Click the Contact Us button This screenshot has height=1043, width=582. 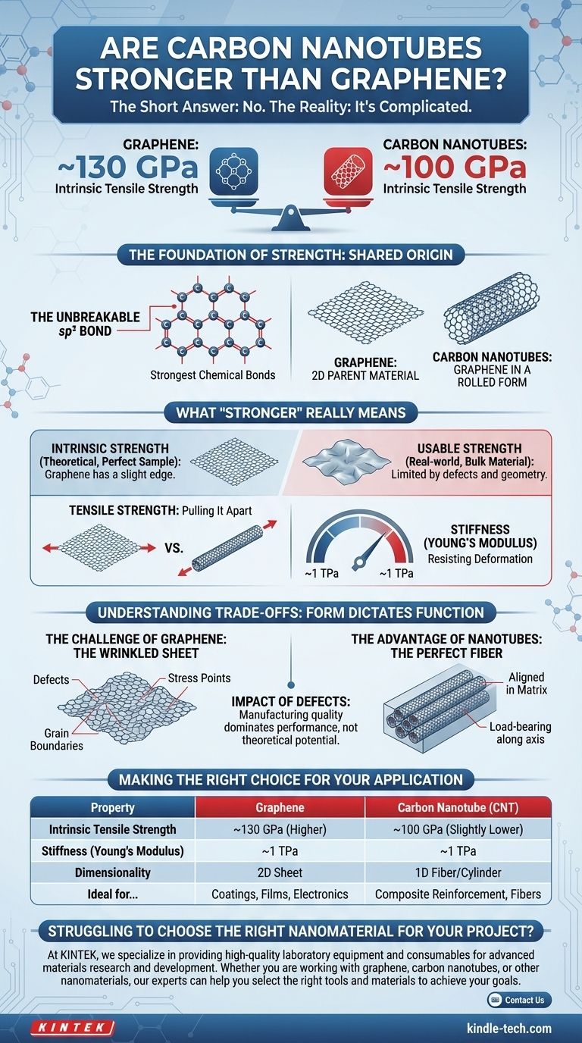pyautogui.click(x=519, y=1000)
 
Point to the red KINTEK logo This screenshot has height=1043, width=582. pyautogui.click(x=73, y=1028)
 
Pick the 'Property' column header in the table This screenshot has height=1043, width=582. pyautogui.click(x=112, y=807)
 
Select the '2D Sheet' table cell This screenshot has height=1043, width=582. pyautogui.click(x=280, y=872)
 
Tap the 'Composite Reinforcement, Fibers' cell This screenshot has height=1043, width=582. pyautogui.click(x=458, y=894)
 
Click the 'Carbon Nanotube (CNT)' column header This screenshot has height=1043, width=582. pyautogui.click(x=458, y=807)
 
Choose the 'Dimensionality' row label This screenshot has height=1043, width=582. pyautogui.click(x=112, y=872)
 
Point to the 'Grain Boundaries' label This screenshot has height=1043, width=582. pyautogui.click(x=57, y=739)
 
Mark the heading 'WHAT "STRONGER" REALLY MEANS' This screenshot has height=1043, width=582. pyautogui.click(x=290, y=412)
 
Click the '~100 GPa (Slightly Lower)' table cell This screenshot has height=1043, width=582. pyautogui.click(x=458, y=828)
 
